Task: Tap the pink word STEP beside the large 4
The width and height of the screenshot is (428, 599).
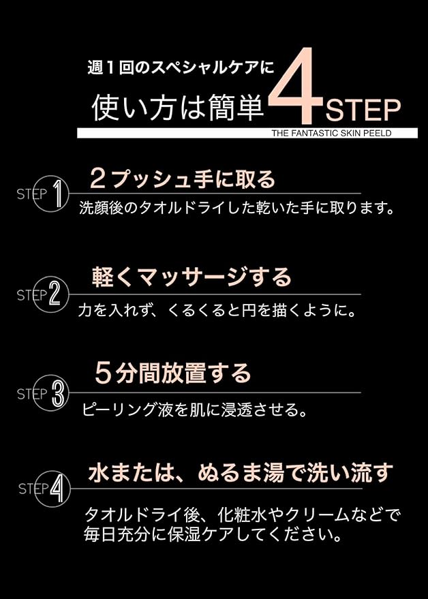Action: click(363, 110)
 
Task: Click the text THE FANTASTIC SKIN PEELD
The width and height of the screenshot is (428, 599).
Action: click(331, 134)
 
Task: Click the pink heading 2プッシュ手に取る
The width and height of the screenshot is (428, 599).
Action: click(183, 179)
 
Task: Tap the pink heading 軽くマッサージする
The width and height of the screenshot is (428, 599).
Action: click(192, 277)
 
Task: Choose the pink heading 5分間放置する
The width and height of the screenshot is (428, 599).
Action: click(173, 373)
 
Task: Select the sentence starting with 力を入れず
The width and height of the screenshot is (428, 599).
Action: click(217, 310)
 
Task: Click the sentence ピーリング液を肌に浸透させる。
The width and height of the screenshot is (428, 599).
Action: click(194, 410)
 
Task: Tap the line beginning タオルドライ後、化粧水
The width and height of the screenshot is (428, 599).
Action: click(242, 513)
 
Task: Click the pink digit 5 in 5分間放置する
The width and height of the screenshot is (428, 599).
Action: click(103, 373)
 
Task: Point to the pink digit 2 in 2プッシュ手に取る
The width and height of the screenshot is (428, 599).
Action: click(97, 179)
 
